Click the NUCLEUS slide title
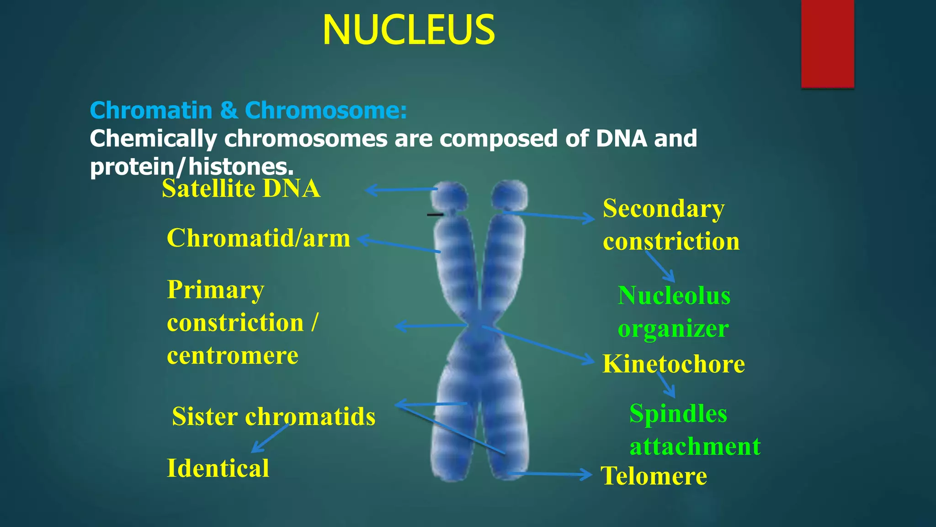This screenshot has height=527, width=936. click(408, 30)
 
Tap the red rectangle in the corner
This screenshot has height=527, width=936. click(827, 43)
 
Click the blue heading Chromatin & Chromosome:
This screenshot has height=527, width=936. click(248, 110)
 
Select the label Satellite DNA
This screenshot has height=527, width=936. click(241, 188)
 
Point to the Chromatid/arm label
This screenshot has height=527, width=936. click(258, 238)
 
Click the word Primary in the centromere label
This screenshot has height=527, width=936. click(215, 290)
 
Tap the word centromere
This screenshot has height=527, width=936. click(232, 355)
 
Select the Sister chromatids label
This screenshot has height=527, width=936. click(273, 416)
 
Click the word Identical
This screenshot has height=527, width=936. click(218, 468)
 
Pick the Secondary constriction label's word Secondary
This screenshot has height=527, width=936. click(663, 209)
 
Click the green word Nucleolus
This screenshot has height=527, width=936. click(674, 296)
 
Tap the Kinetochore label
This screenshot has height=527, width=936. click(673, 364)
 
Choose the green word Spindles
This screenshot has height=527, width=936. click(678, 414)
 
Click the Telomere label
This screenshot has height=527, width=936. click(654, 476)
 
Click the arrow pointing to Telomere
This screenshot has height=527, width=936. click(551, 474)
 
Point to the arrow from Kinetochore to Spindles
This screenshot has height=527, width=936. click(666, 384)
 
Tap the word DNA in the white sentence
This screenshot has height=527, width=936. click(622, 139)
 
